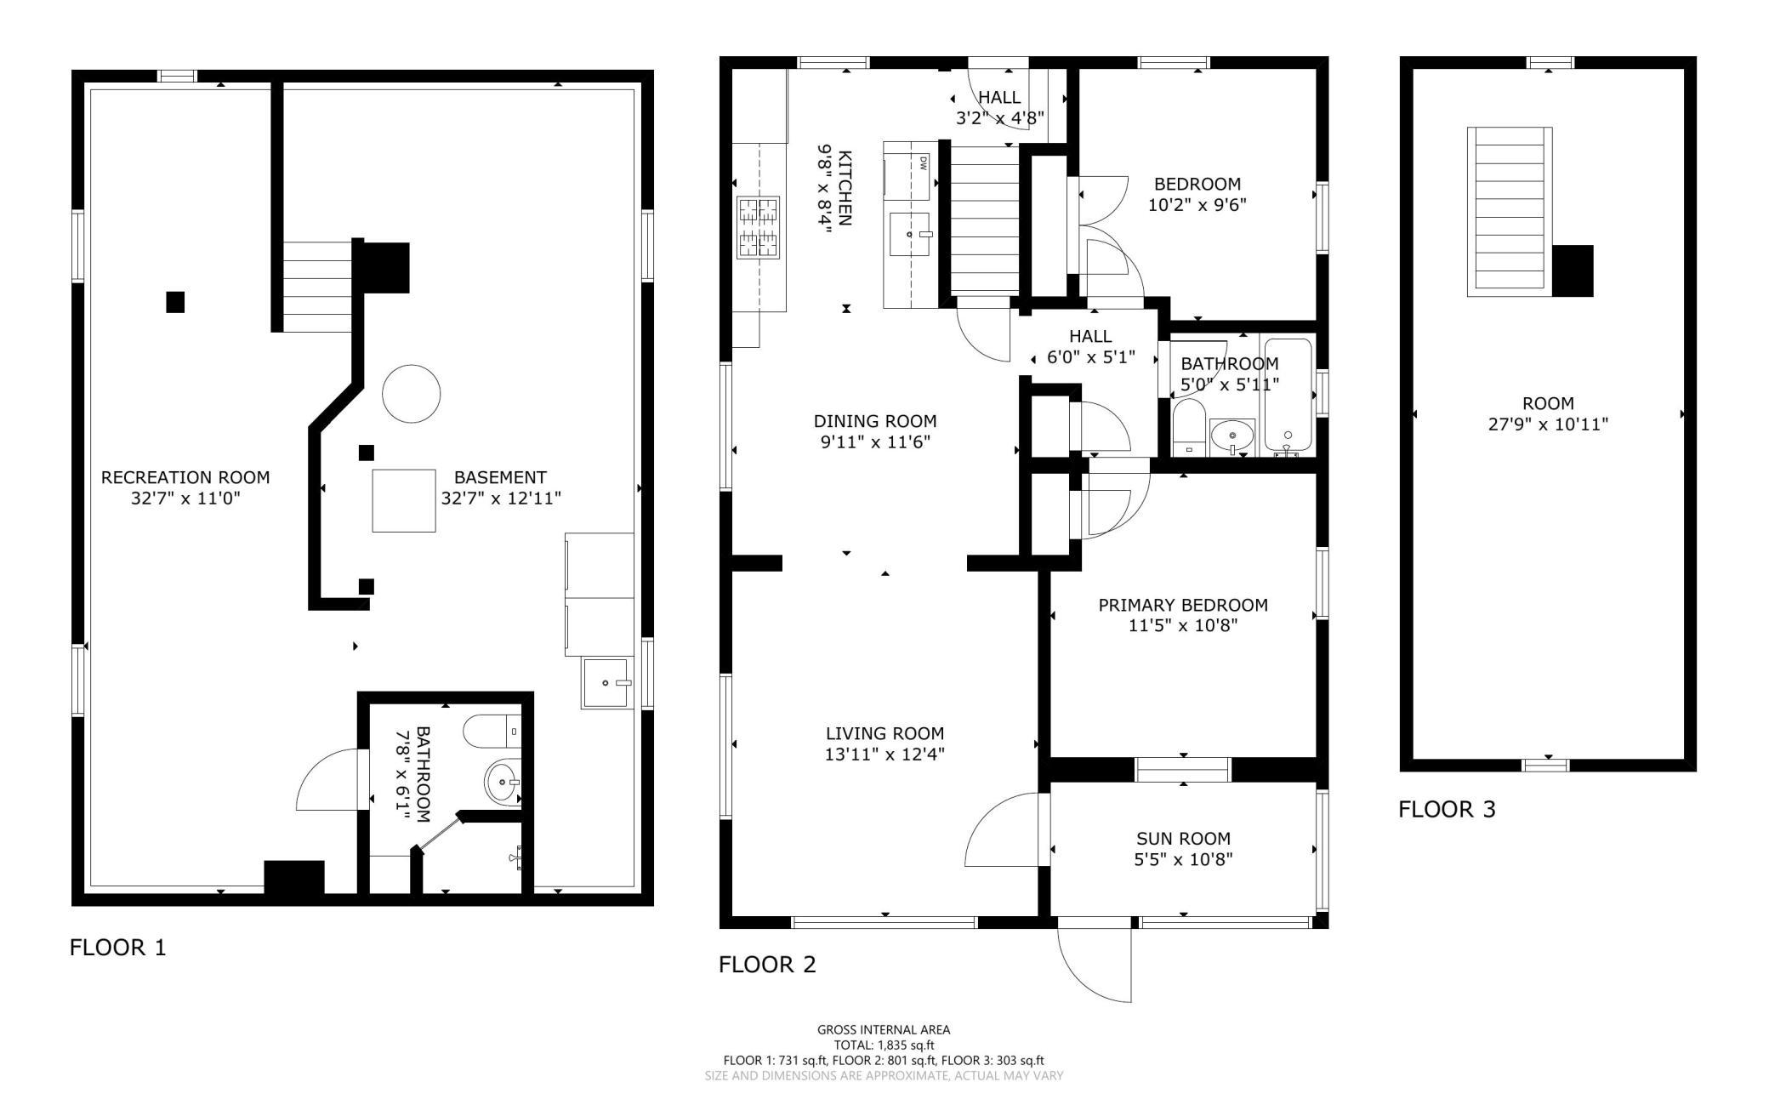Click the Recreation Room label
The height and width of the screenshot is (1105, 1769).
point(185,477)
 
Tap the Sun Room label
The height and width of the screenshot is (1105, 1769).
point(1184,839)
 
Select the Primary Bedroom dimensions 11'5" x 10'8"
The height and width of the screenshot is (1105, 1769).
point(1183,626)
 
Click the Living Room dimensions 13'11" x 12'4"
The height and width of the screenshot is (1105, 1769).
point(884,754)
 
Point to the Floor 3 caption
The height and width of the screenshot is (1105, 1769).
point(1447,809)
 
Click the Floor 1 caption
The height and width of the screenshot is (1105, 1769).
point(118,947)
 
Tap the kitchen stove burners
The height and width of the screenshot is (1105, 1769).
point(759,226)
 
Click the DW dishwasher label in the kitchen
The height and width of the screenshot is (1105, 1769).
point(921,162)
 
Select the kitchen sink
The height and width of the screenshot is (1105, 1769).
point(909,233)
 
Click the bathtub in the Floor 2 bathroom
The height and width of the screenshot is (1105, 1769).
point(1288,394)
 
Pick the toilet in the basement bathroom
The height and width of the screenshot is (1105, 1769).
point(493,730)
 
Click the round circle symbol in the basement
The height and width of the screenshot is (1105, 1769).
point(412,394)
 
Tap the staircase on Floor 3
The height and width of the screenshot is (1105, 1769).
point(1510,212)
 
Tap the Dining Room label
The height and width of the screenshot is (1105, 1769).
point(875,421)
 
